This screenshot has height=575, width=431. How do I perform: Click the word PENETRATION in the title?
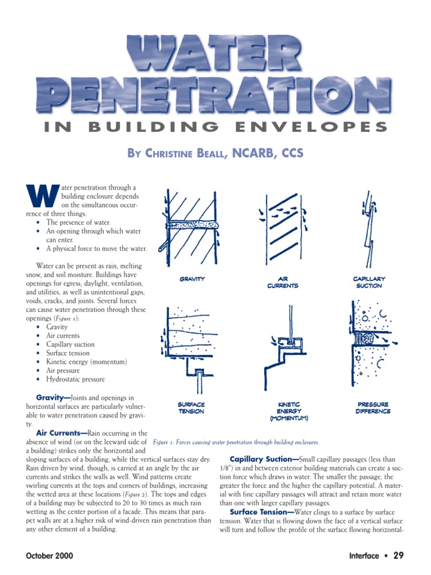(x=214, y=93)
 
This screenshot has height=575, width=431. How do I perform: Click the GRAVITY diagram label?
(x=192, y=279)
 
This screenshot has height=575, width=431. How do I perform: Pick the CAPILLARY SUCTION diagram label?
(x=369, y=282)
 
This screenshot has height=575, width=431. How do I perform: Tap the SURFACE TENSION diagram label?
(x=191, y=408)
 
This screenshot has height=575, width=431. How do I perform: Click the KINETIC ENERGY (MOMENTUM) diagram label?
(x=289, y=411)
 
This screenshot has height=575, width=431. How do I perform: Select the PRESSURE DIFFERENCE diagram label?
(x=373, y=408)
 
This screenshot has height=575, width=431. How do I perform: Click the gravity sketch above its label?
(x=188, y=225)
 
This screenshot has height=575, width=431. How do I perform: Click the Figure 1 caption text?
(x=236, y=442)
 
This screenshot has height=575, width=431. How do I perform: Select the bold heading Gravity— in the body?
(x=53, y=398)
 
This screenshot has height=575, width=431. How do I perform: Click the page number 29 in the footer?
(x=398, y=556)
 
